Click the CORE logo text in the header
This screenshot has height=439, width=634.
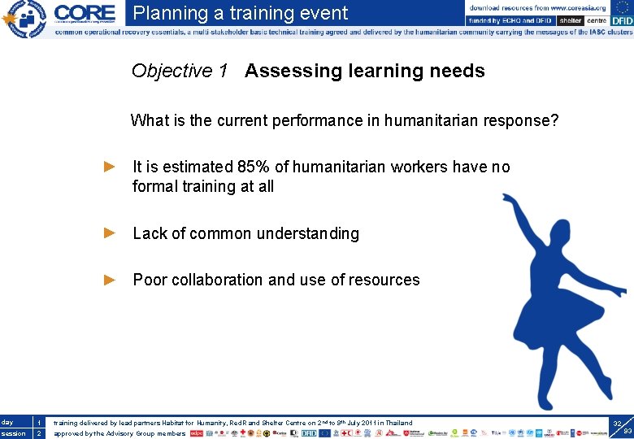click(85, 13)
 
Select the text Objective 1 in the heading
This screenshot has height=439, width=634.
click(180, 71)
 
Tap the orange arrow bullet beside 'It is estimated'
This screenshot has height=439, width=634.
click(111, 167)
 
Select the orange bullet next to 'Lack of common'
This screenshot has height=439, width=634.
click(111, 233)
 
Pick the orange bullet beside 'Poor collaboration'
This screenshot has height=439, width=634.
click(111, 280)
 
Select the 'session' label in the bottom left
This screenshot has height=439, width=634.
click(13, 433)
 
